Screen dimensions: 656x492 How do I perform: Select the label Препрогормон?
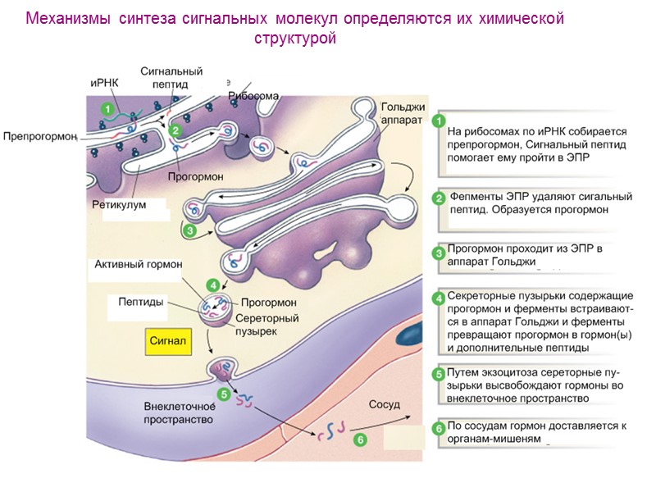click(x=39, y=136)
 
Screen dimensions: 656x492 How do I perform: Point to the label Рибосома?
click(x=253, y=96)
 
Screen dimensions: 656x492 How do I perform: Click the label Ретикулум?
click(x=119, y=205)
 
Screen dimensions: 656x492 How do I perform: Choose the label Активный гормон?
click(x=139, y=264)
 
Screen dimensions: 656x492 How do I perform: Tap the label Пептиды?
click(x=137, y=303)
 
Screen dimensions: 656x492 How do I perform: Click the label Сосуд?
click(x=385, y=404)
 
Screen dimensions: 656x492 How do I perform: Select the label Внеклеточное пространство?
click(x=178, y=412)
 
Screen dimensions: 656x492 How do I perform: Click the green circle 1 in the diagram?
click(x=106, y=107)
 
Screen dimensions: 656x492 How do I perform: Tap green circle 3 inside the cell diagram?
click(x=189, y=232)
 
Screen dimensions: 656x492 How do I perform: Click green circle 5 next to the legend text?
click(x=439, y=374)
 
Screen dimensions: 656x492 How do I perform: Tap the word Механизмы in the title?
click(x=68, y=18)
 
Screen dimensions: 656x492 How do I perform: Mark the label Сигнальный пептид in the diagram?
click(x=171, y=77)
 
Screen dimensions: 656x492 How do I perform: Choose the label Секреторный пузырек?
click(x=266, y=324)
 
